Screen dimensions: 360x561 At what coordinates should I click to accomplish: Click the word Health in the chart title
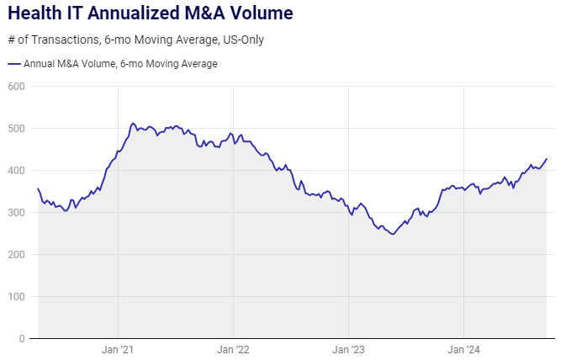tap(38, 14)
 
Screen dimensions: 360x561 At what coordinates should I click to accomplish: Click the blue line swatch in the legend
tap(13, 64)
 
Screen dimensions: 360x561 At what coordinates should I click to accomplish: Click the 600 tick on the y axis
tap(16, 86)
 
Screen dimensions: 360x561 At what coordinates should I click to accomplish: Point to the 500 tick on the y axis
tap(16, 128)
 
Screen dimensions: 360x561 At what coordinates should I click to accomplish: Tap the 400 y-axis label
tap(16, 170)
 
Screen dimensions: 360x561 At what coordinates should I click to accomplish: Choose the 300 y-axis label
tap(16, 212)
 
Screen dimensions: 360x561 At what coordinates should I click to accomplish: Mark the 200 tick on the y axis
tap(16, 254)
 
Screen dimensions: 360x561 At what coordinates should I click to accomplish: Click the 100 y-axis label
tap(16, 296)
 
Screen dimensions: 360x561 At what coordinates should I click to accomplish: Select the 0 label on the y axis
tap(22, 338)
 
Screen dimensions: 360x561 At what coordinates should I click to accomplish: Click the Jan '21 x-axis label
tap(118, 350)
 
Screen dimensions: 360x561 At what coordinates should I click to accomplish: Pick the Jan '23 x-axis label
tap(348, 350)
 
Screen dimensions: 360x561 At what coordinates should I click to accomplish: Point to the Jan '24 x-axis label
tap(463, 350)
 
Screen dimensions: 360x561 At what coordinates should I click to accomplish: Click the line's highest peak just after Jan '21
tap(133, 123)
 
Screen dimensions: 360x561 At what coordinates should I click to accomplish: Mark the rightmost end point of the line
tap(547, 158)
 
